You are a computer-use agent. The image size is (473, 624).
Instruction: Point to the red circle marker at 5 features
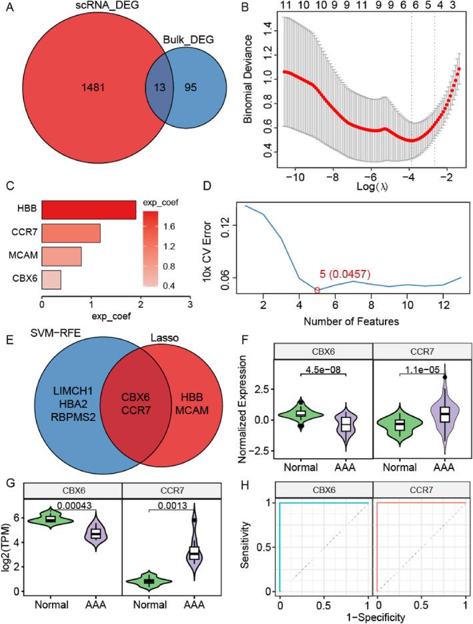click(317, 290)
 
